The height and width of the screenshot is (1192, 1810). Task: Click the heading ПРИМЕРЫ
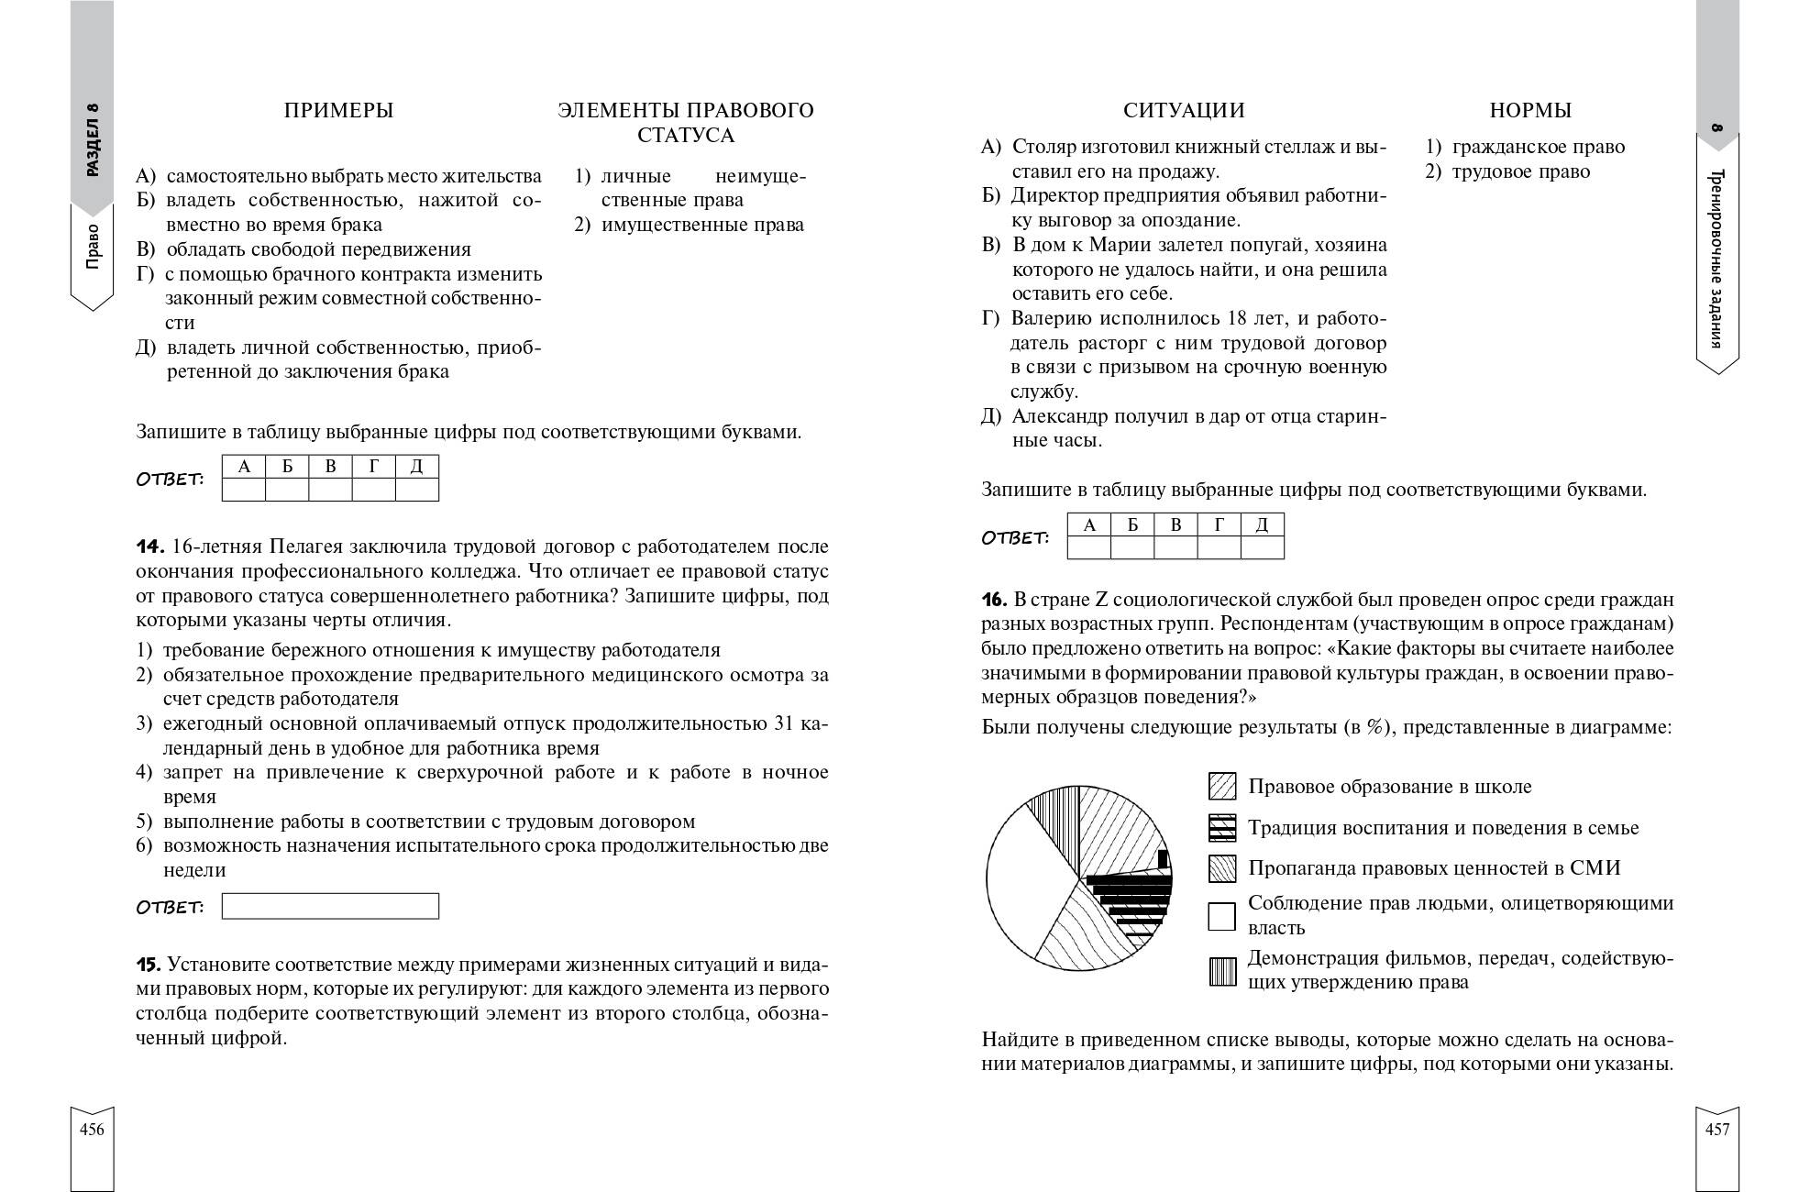pyautogui.click(x=338, y=111)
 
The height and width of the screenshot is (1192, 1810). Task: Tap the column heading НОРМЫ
pyautogui.click(x=1530, y=111)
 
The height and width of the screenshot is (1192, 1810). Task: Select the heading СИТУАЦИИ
pyautogui.click(x=1184, y=111)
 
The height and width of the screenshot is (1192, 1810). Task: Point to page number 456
pyautogui.click(x=92, y=1130)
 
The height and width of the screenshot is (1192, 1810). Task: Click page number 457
pyautogui.click(x=1716, y=1130)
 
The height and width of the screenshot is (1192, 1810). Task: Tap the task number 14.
pyautogui.click(x=149, y=547)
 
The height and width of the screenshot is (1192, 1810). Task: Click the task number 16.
pyautogui.click(x=994, y=601)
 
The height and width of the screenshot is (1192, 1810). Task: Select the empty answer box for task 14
pyautogui.click(x=330, y=906)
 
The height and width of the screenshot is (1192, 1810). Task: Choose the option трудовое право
pyautogui.click(x=1521, y=172)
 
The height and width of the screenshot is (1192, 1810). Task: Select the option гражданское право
pyautogui.click(x=1538, y=148)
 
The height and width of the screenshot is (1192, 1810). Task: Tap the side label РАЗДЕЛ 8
pyautogui.click(x=93, y=138)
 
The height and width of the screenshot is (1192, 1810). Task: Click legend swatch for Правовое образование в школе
pyautogui.click(x=1222, y=787)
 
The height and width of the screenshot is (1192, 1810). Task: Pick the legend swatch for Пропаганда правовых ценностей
pyautogui.click(x=1222, y=868)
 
